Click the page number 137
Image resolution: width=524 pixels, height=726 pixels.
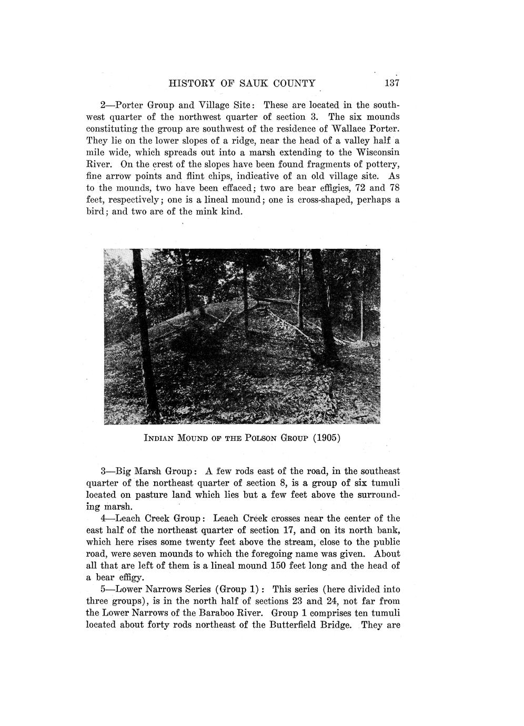pyautogui.click(x=393, y=83)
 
